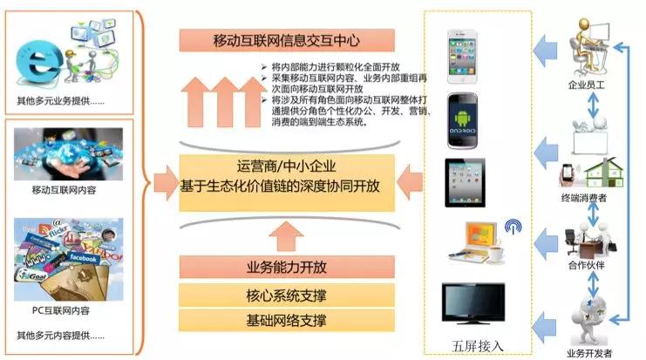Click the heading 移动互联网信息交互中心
[287, 40]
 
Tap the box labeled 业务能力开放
[287, 266]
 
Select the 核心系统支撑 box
[287, 294]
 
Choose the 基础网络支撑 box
[287, 320]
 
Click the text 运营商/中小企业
[287, 166]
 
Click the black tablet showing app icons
[465, 180]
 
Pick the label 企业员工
[585, 87]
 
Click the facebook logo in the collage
[83, 259]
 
